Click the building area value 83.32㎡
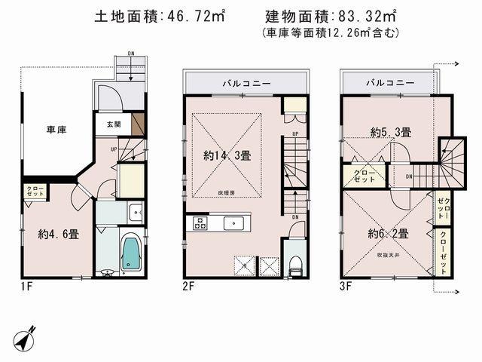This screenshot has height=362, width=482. click(x=369, y=17)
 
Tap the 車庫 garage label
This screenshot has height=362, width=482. click(x=55, y=130)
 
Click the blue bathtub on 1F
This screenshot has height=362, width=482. click(x=130, y=253)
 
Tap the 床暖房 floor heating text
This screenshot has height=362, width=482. click(x=227, y=193)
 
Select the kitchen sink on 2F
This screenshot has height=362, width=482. click(x=233, y=222)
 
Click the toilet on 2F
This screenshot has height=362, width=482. click(x=295, y=263)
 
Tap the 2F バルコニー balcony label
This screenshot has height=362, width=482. click(x=246, y=81)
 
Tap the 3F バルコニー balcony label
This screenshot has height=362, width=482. click(x=390, y=81)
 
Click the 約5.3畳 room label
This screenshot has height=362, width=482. click(x=390, y=132)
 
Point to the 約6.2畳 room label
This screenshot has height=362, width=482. click(x=388, y=233)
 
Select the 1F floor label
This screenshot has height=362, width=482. click(x=27, y=287)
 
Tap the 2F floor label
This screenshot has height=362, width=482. click(x=188, y=287)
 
